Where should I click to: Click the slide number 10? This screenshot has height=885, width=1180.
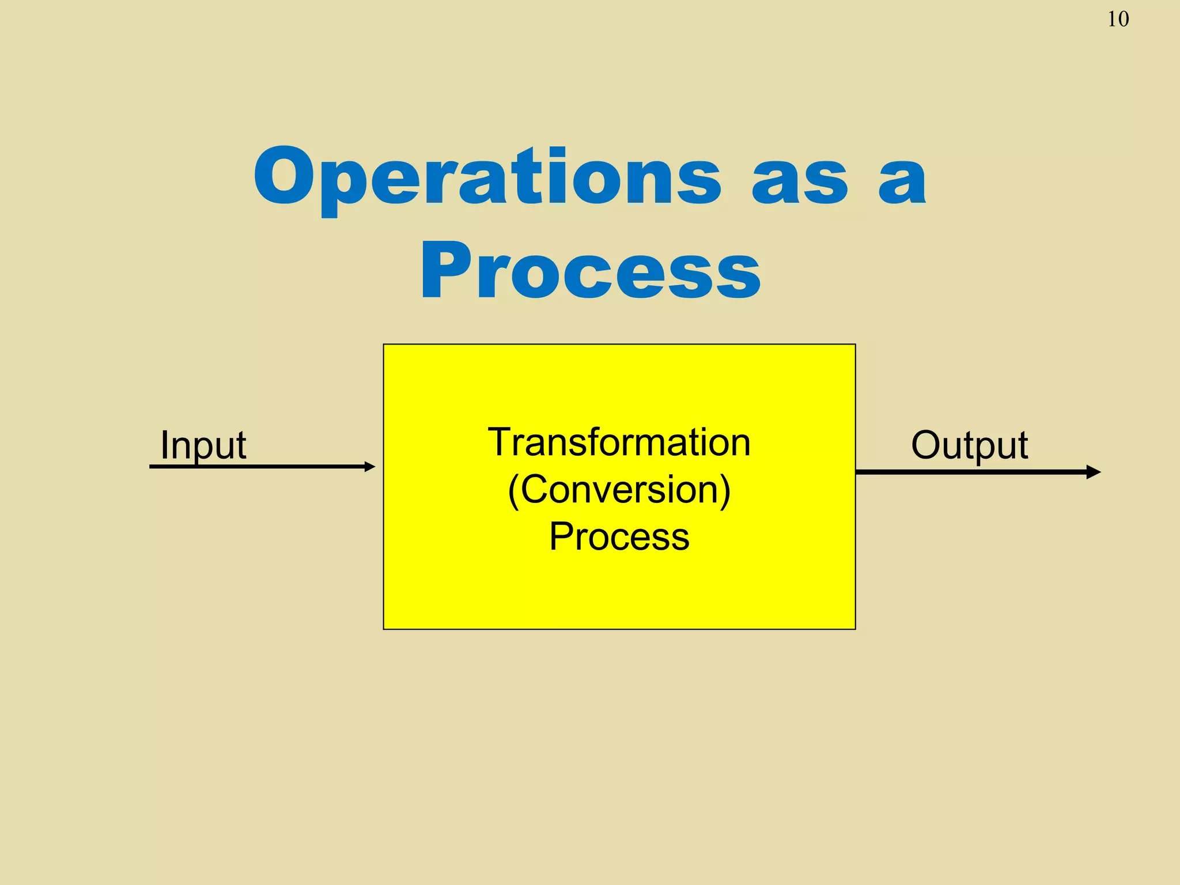(x=1118, y=20)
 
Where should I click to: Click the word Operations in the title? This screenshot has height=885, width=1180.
(x=487, y=176)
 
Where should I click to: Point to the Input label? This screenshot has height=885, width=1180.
(x=203, y=445)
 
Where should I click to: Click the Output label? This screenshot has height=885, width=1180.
(x=969, y=445)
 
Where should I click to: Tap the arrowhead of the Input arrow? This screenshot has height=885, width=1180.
(x=370, y=467)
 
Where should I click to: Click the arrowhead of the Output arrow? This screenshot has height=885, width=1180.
(x=1093, y=472)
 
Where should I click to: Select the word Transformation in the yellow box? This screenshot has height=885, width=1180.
(x=619, y=442)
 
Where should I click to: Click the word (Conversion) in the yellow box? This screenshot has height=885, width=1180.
(x=619, y=490)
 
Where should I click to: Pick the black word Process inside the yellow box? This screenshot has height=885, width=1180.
(x=619, y=536)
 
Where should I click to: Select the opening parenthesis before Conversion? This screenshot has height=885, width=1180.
(x=514, y=491)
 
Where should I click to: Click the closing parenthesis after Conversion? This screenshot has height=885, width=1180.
(x=724, y=491)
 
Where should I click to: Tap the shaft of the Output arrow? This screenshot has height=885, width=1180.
(x=968, y=472)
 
